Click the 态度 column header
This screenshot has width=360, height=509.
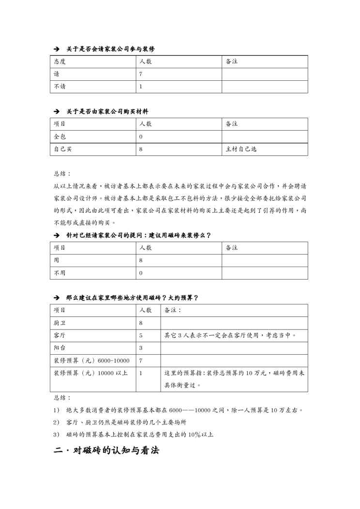pos(60,62)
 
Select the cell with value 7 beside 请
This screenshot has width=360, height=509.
pos(141,75)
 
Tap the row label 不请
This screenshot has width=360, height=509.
pos(60,87)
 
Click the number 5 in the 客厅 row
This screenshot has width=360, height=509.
pos(141,335)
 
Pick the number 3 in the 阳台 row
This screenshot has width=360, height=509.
pos(141,348)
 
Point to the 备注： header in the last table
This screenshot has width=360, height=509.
pos(173,310)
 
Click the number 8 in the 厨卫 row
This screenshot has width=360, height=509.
pos(141,323)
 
